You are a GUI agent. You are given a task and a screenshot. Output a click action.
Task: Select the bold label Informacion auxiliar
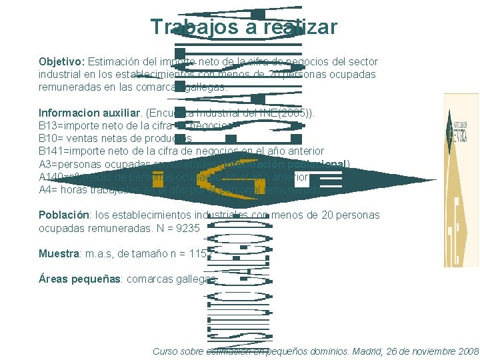pyautogui.click(x=79, y=112)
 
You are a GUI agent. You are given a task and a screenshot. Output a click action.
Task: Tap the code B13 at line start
pyautogui.click(x=47, y=125)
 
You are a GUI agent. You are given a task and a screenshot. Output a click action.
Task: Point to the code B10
pyautogui.click(x=47, y=138)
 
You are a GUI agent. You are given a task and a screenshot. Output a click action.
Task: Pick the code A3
pyautogui.click(x=45, y=164)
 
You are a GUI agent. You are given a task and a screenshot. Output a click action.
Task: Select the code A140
pyautogui.click(x=51, y=177)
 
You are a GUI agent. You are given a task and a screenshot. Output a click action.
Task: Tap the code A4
pyautogui.click(x=45, y=189)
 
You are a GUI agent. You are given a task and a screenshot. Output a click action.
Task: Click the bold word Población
pyautogui.click(x=63, y=215)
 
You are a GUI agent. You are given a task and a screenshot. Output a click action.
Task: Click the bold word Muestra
pyautogui.click(x=58, y=254)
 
